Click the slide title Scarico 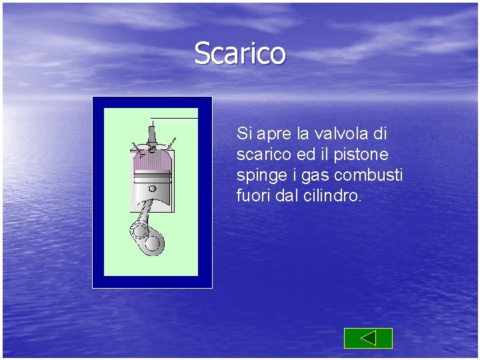coord(240,53)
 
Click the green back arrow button coord(368,338)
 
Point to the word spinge coord(257,176)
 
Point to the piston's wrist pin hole coord(152,187)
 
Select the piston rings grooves coord(152,176)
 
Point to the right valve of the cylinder coord(171,146)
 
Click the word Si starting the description coord(243,134)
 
